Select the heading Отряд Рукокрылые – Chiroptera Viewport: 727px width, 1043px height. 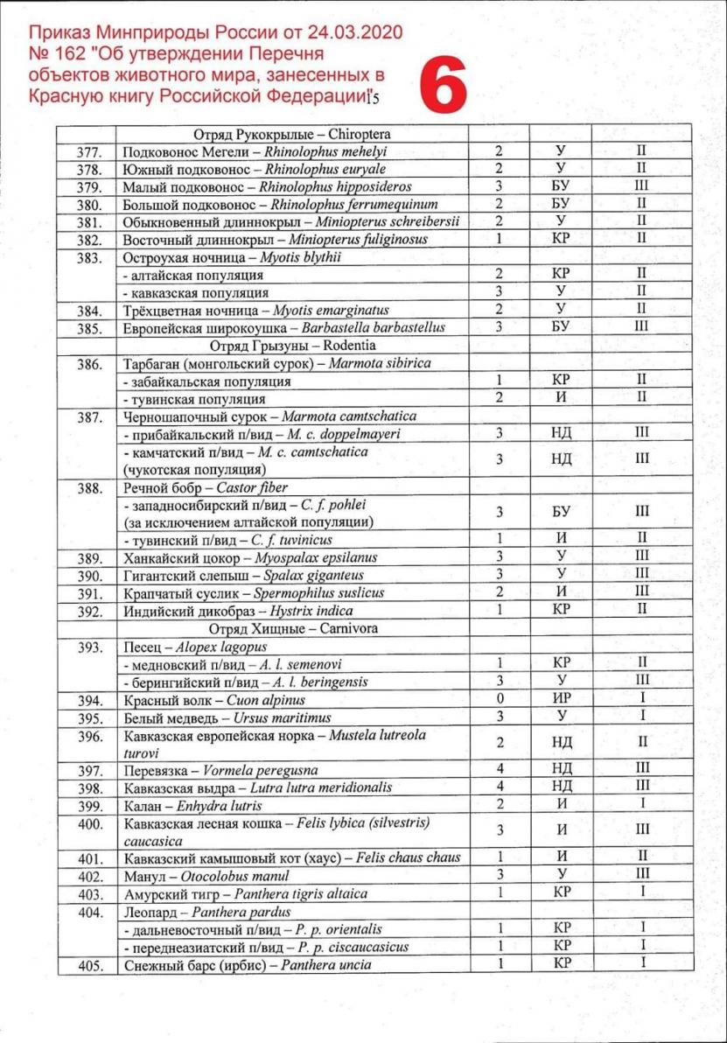tap(291, 135)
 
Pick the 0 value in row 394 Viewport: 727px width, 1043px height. tap(500, 700)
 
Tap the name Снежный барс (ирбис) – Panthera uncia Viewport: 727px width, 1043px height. tap(248, 965)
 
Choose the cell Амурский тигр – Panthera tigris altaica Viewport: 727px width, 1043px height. tap(246, 893)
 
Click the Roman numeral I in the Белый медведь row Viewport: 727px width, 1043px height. tap(641, 717)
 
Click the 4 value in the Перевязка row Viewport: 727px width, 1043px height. tap(500, 770)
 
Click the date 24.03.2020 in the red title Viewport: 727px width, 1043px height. tap(347, 34)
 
